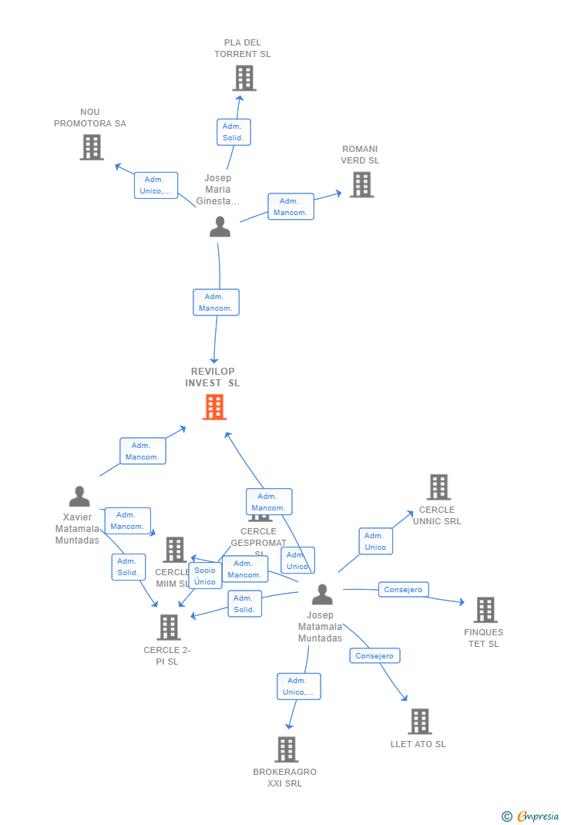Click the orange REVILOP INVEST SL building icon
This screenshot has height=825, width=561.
tap(214, 407)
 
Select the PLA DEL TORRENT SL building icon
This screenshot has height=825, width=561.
tap(244, 78)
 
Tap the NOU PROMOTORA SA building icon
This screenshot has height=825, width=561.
tap(92, 147)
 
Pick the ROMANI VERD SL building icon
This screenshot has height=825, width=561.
tap(361, 184)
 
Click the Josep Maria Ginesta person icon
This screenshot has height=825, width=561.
tap(220, 227)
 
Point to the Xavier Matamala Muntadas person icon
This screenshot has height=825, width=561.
tap(79, 497)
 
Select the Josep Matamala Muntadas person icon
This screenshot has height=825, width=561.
tap(322, 594)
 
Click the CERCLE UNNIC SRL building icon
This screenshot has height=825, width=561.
tap(438, 487)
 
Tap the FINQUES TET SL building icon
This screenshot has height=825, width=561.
tap(485, 610)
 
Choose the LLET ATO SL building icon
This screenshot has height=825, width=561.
tap(419, 722)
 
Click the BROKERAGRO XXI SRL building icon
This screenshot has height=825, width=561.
tap(286, 749)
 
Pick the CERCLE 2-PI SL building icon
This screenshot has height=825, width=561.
tap(169, 628)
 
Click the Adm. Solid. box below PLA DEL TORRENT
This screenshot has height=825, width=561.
tap(233, 132)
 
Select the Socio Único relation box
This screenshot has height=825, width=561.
tap(205, 576)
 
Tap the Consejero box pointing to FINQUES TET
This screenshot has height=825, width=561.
tap(403, 590)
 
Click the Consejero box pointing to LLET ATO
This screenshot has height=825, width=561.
tap(375, 656)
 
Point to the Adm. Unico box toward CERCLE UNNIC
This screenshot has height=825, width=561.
tap(375, 541)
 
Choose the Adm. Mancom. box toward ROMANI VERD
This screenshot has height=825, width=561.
tap(291, 207)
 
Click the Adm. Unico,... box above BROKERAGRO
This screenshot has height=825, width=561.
tap(298, 686)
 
